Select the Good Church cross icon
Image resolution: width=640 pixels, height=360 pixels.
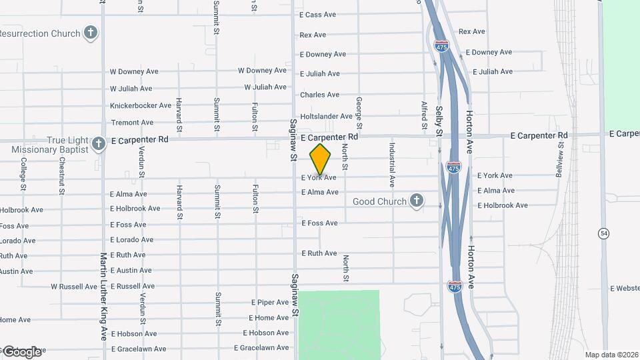(417, 201)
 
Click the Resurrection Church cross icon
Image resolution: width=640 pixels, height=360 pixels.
(91, 33)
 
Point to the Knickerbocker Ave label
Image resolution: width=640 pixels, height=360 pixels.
(141, 106)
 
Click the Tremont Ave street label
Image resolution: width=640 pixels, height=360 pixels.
(131, 123)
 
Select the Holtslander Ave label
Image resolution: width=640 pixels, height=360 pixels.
(326, 117)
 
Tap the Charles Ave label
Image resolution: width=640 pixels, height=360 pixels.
(319, 95)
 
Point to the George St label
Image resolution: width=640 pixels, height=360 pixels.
(359, 113)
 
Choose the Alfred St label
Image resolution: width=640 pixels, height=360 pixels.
(424, 114)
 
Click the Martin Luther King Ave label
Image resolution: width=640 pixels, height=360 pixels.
(103, 296)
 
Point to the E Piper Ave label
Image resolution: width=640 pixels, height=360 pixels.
(270, 303)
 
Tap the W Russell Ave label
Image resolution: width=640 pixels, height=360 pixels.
(74, 287)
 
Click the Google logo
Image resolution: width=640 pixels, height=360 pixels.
(21, 351)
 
